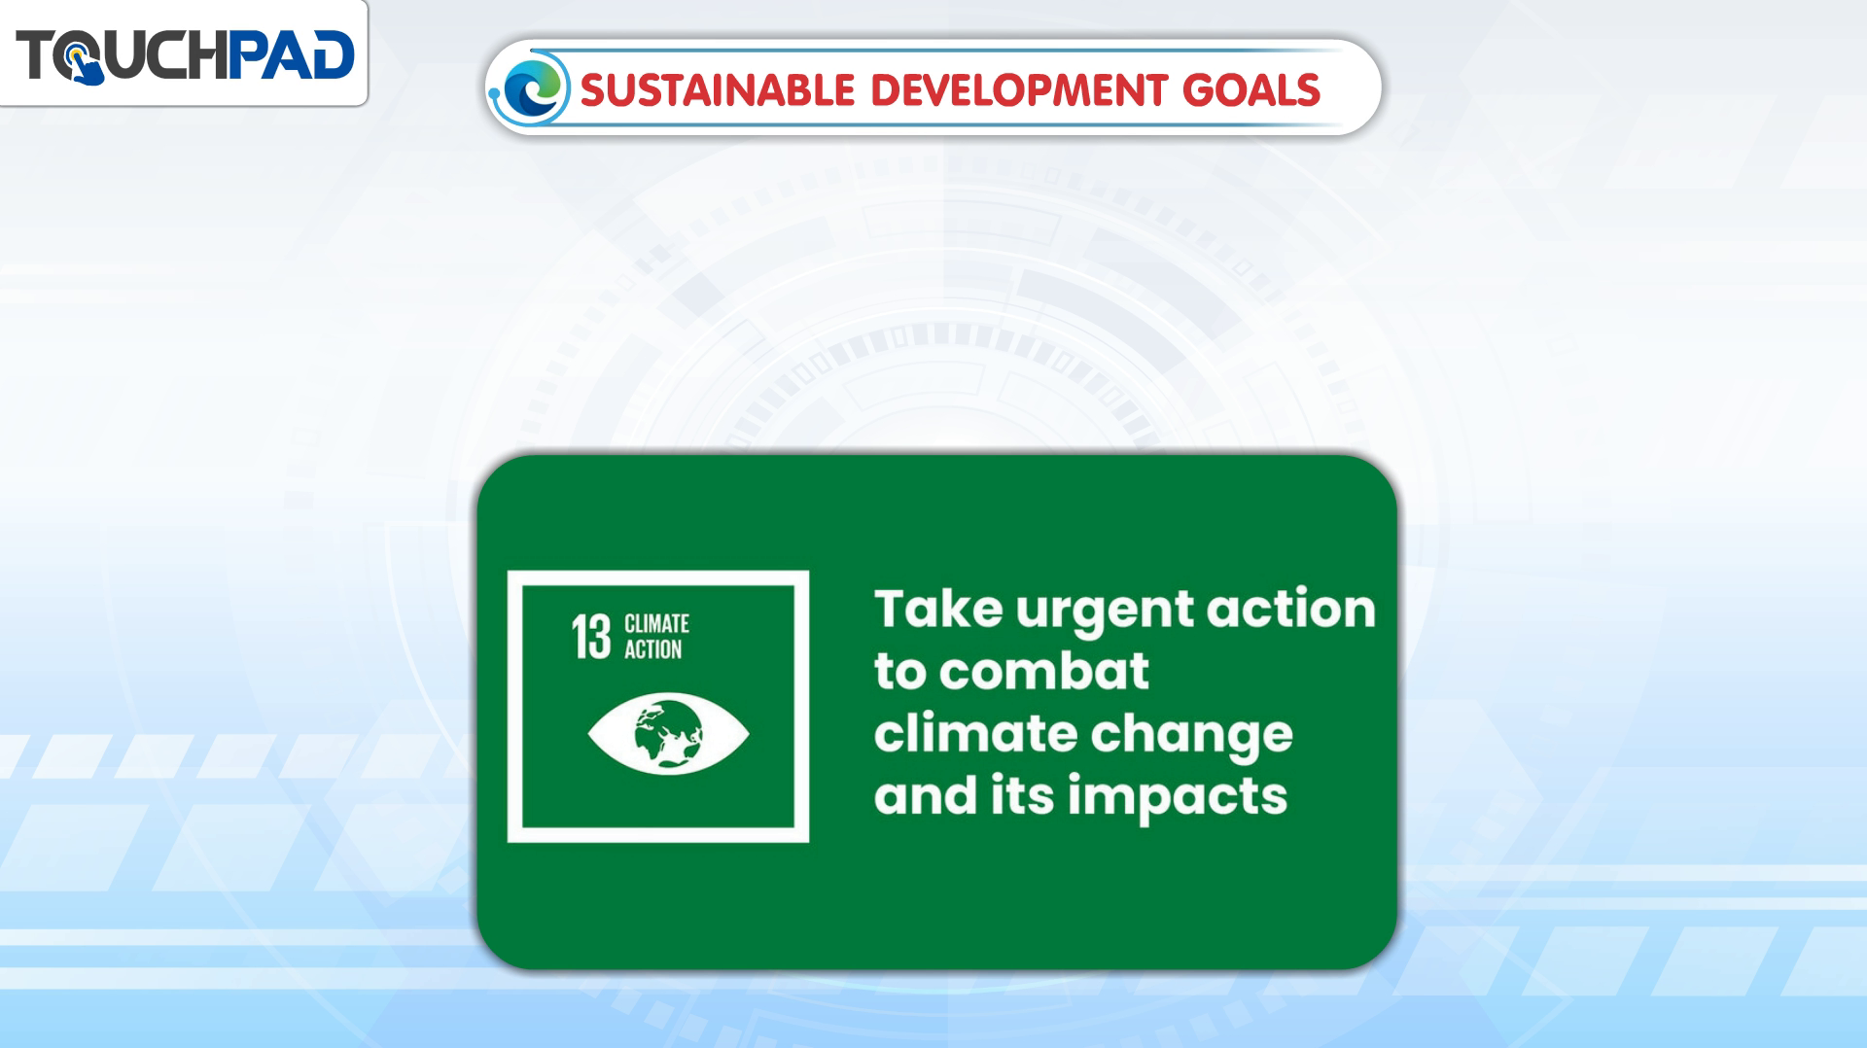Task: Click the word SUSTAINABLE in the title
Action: (x=718, y=90)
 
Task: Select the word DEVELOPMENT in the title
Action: (x=1018, y=90)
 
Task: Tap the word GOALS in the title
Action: (x=1251, y=90)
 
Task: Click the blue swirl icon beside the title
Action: (x=531, y=88)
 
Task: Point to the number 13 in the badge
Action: (x=590, y=637)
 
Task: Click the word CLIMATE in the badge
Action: (x=656, y=623)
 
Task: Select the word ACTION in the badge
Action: (x=652, y=649)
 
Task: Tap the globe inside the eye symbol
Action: (x=668, y=731)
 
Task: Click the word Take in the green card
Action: (x=938, y=610)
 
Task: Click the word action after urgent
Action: (x=1291, y=610)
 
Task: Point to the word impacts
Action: (x=1178, y=799)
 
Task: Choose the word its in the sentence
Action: (x=1022, y=795)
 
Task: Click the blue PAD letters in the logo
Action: (x=291, y=54)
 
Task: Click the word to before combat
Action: (x=900, y=672)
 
